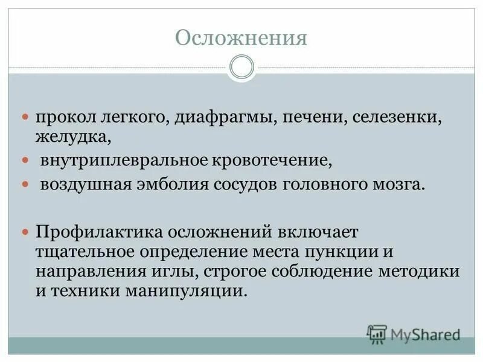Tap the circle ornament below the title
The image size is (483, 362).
(241, 67)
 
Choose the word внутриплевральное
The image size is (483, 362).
(124, 160)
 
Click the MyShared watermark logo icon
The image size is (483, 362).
(377, 332)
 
